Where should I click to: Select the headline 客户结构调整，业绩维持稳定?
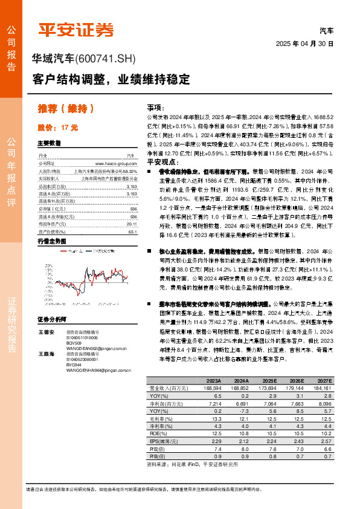tap(111, 79)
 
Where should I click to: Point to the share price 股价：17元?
tap(58, 128)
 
